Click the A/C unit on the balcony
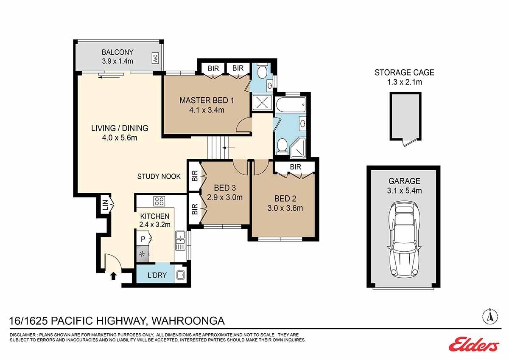coord(155,58)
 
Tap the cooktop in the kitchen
coord(159,201)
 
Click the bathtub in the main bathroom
coord(291,104)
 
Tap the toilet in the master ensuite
coord(263,70)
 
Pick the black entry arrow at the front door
coord(114,276)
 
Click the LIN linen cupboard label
coord(105,205)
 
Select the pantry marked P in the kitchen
coord(143,239)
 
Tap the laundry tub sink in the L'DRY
coord(180,276)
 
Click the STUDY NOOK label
coord(159,176)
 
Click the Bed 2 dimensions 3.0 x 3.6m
coord(285,208)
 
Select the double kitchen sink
coord(180,241)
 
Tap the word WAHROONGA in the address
coord(188,321)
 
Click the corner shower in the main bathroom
coord(297,148)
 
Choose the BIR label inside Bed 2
coord(295,167)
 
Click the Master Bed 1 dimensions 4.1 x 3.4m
coord(207,110)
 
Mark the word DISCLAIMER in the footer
coord(22,335)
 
